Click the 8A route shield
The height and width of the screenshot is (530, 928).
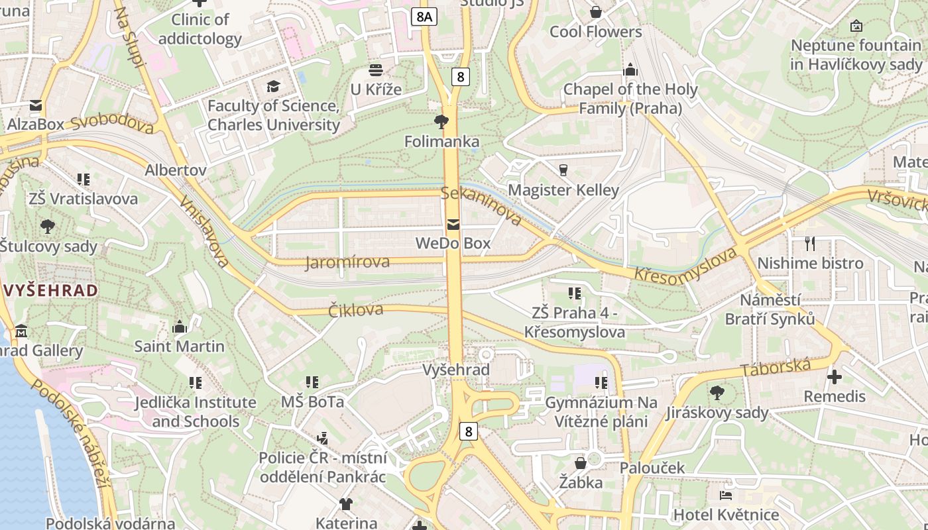[424, 17]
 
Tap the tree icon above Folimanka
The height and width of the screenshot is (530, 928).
[441, 121]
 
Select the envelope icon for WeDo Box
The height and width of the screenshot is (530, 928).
[453, 225]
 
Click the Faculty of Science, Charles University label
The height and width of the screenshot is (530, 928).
[273, 115]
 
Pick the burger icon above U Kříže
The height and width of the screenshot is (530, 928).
[376, 70]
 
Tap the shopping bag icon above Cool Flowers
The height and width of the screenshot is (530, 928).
[596, 12]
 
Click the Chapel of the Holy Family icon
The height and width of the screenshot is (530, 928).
[630, 70]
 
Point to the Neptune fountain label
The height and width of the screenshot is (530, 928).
[856, 55]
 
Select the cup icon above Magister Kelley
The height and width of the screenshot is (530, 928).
[563, 170]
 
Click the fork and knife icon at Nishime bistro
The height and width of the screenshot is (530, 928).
[810, 243]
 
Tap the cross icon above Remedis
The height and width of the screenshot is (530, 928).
[835, 377]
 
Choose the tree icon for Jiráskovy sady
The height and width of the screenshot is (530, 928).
[717, 393]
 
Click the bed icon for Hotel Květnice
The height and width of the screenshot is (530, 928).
[726, 495]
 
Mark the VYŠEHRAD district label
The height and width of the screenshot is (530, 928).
[51, 290]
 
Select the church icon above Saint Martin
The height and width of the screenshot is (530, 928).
[180, 327]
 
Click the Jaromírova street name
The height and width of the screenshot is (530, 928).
[347, 262]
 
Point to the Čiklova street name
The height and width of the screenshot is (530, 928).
[356, 310]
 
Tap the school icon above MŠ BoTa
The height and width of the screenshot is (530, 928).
[312, 382]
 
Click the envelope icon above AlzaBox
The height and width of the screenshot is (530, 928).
[36, 105]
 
